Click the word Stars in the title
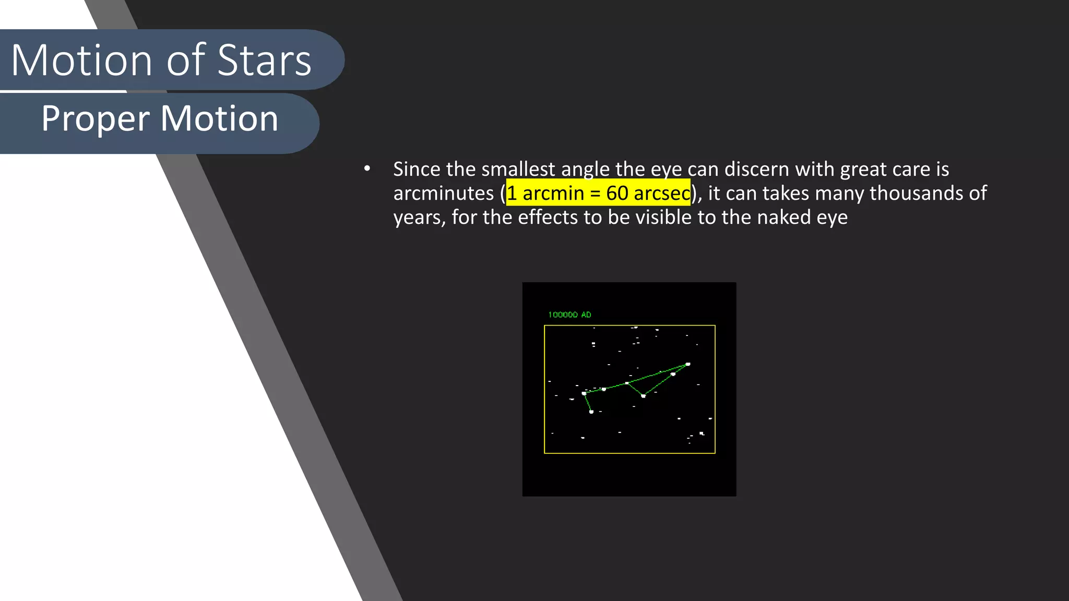(x=264, y=61)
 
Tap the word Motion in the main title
(x=81, y=61)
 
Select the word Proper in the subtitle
(x=95, y=119)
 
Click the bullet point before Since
(x=367, y=169)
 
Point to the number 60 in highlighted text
(x=617, y=193)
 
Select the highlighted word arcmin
(x=553, y=193)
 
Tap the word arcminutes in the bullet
(x=443, y=193)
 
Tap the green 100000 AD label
(x=569, y=315)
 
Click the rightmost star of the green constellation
(x=688, y=364)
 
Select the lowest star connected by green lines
(x=591, y=412)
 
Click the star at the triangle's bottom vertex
(x=643, y=396)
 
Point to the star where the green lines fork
(x=627, y=383)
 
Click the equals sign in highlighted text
(x=595, y=193)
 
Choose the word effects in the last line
(x=548, y=217)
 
